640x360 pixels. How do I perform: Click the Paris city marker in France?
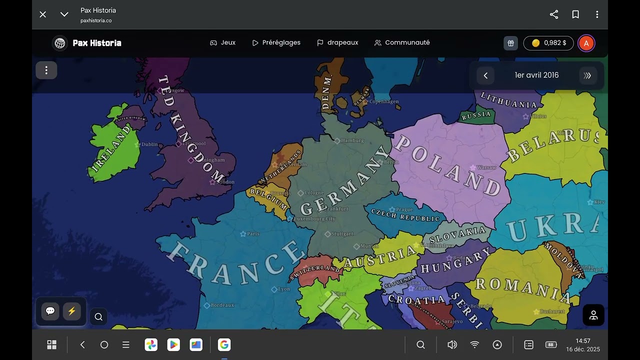point(243,234)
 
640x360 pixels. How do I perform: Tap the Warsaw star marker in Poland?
point(472,168)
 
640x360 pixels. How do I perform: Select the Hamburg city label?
point(352,141)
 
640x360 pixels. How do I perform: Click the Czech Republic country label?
point(405,215)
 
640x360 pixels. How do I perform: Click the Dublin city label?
point(149,144)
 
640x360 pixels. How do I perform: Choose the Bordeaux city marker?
point(207,305)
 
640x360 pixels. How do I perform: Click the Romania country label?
point(522,289)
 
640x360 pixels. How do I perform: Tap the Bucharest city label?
point(552,311)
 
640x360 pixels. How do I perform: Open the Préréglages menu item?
point(276,43)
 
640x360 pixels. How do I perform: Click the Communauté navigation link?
point(402,43)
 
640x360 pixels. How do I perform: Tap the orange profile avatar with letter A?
point(586,43)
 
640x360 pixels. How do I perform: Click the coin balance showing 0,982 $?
point(548,43)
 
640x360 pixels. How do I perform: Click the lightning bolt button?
point(71,311)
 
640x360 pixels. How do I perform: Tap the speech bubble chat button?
point(50,311)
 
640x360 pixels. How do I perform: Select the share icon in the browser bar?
point(554,14)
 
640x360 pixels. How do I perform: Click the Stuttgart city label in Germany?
point(342,234)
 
